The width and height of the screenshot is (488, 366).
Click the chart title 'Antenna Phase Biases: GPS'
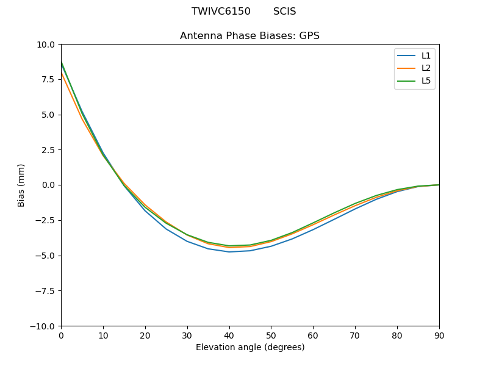click(x=249, y=36)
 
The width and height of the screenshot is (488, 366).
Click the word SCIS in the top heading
click(x=284, y=12)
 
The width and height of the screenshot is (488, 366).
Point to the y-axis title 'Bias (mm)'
click(x=21, y=185)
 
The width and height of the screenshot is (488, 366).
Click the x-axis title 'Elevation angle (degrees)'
click(x=249, y=348)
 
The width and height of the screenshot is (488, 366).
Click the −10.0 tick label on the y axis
click(x=44, y=326)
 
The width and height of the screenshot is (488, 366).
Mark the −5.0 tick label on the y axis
click(x=46, y=256)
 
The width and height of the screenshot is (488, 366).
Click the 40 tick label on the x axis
click(x=229, y=335)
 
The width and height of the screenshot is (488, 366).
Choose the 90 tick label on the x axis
click(x=439, y=335)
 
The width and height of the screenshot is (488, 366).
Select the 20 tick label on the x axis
click(x=145, y=335)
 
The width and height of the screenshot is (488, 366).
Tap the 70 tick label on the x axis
click(x=355, y=335)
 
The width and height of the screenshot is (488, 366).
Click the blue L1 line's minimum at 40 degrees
click(x=229, y=252)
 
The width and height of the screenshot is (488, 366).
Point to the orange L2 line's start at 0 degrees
click(x=62, y=74)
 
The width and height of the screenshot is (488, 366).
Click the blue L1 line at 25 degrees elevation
click(x=166, y=228)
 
